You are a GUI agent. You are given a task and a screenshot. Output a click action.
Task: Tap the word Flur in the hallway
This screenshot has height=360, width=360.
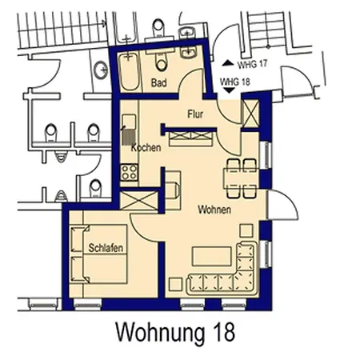(196, 114)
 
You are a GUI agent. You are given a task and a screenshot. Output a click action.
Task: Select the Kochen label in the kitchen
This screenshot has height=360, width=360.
(146, 148)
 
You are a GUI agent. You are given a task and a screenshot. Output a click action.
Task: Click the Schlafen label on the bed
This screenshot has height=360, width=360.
(106, 249)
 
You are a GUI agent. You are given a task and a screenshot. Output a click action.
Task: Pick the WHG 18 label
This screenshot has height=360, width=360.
(234, 82)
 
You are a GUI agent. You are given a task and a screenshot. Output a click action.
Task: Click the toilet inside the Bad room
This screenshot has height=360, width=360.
(162, 62)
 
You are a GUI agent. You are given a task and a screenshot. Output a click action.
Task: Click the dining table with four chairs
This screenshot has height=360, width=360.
(239, 176)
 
